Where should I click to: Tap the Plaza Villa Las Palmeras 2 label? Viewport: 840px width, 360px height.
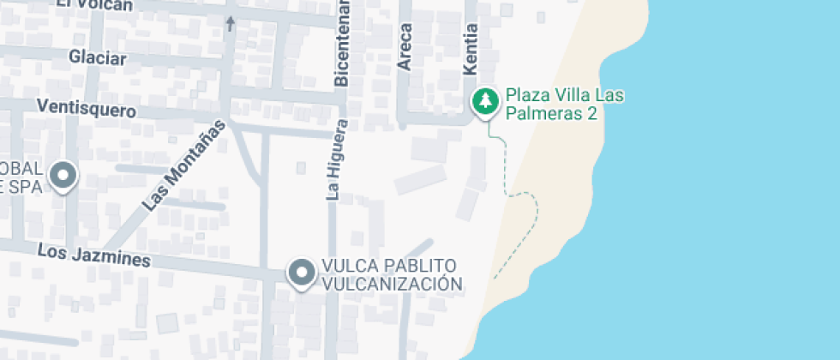563,104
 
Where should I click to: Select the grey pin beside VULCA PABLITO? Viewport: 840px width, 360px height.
301,273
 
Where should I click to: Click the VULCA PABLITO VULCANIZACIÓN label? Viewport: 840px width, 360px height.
391,274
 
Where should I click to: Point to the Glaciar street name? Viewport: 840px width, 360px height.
99,58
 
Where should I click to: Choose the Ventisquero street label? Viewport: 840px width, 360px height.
87,109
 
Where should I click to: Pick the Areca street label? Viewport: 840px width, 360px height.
405,45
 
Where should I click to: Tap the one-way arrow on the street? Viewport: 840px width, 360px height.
230,23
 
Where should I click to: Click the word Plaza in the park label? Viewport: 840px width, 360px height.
524,94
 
